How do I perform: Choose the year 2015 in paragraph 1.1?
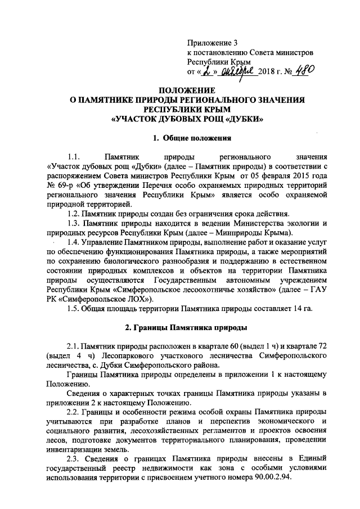pos(291,175)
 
